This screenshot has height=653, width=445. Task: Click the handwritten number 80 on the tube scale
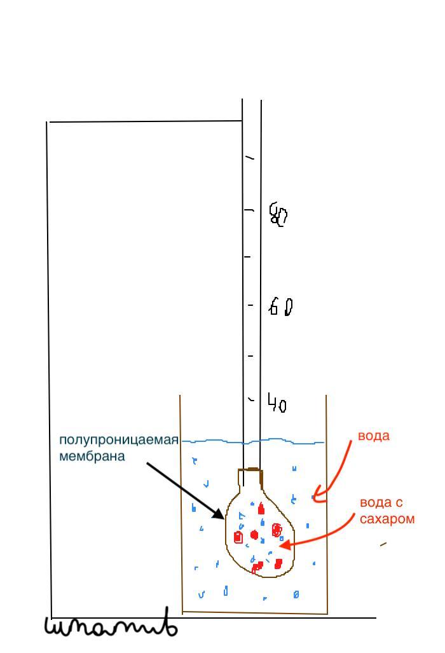tap(278, 214)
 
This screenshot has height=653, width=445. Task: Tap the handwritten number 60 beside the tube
tap(280, 307)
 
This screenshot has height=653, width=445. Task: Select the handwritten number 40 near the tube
tap(277, 403)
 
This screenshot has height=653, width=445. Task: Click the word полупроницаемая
tap(119, 440)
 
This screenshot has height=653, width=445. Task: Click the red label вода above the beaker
tap(373, 436)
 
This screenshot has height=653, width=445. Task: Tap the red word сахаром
tap(387, 519)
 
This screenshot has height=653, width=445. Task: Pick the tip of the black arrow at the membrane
tap(224, 518)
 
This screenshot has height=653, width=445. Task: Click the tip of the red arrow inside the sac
tap(280, 546)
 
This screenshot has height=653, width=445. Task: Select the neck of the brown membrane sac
tap(250, 478)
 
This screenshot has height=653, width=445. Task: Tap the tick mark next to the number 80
tap(250, 209)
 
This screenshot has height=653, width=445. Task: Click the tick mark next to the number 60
tap(250, 306)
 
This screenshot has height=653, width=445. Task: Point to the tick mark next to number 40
tap(251, 400)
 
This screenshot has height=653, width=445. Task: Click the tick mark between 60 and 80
tap(247, 257)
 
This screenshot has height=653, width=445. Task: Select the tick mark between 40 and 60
tap(250, 355)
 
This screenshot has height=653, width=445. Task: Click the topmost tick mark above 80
tap(250, 157)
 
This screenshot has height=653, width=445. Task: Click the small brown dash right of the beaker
tap(383, 544)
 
